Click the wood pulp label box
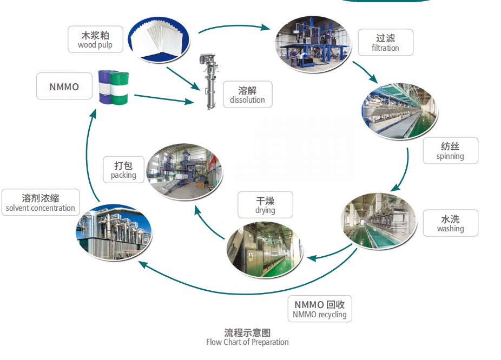95,39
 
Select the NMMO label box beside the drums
64,86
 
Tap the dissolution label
247,94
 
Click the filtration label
385,42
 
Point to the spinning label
450,151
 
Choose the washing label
450,223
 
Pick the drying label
265,205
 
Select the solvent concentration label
41,203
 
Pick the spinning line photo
399,111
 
